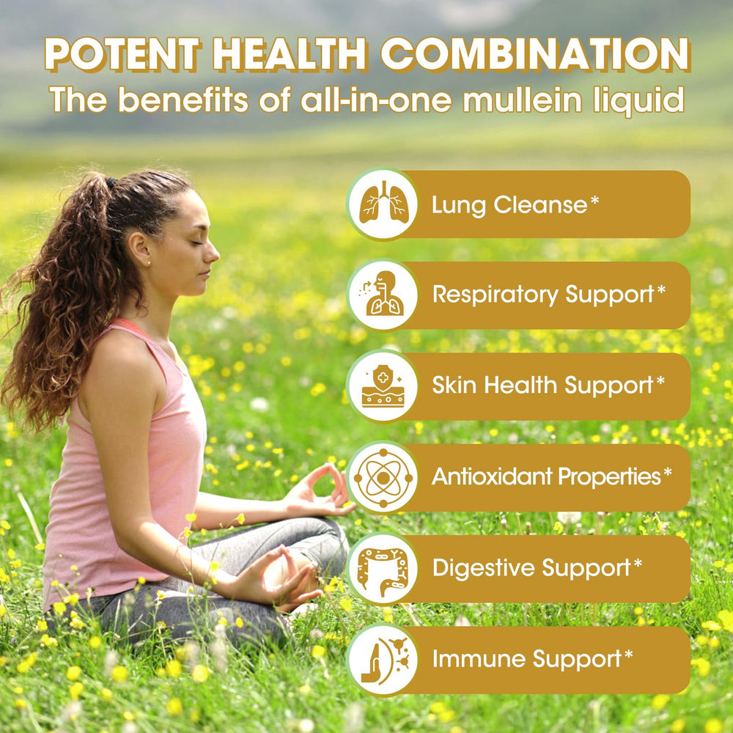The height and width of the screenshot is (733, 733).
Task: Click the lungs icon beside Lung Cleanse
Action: pyautogui.click(x=383, y=205)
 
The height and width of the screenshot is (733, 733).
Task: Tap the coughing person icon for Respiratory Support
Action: pyautogui.click(x=383, y=295)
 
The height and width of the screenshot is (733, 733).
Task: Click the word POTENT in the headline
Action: pyautogui.click(x=124, y=56)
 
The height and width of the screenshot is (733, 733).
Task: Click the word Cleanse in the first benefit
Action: pyautogui.click(x=540, y=205)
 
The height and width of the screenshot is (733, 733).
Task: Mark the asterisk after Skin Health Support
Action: pyautogui.click(x=660, y=381)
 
